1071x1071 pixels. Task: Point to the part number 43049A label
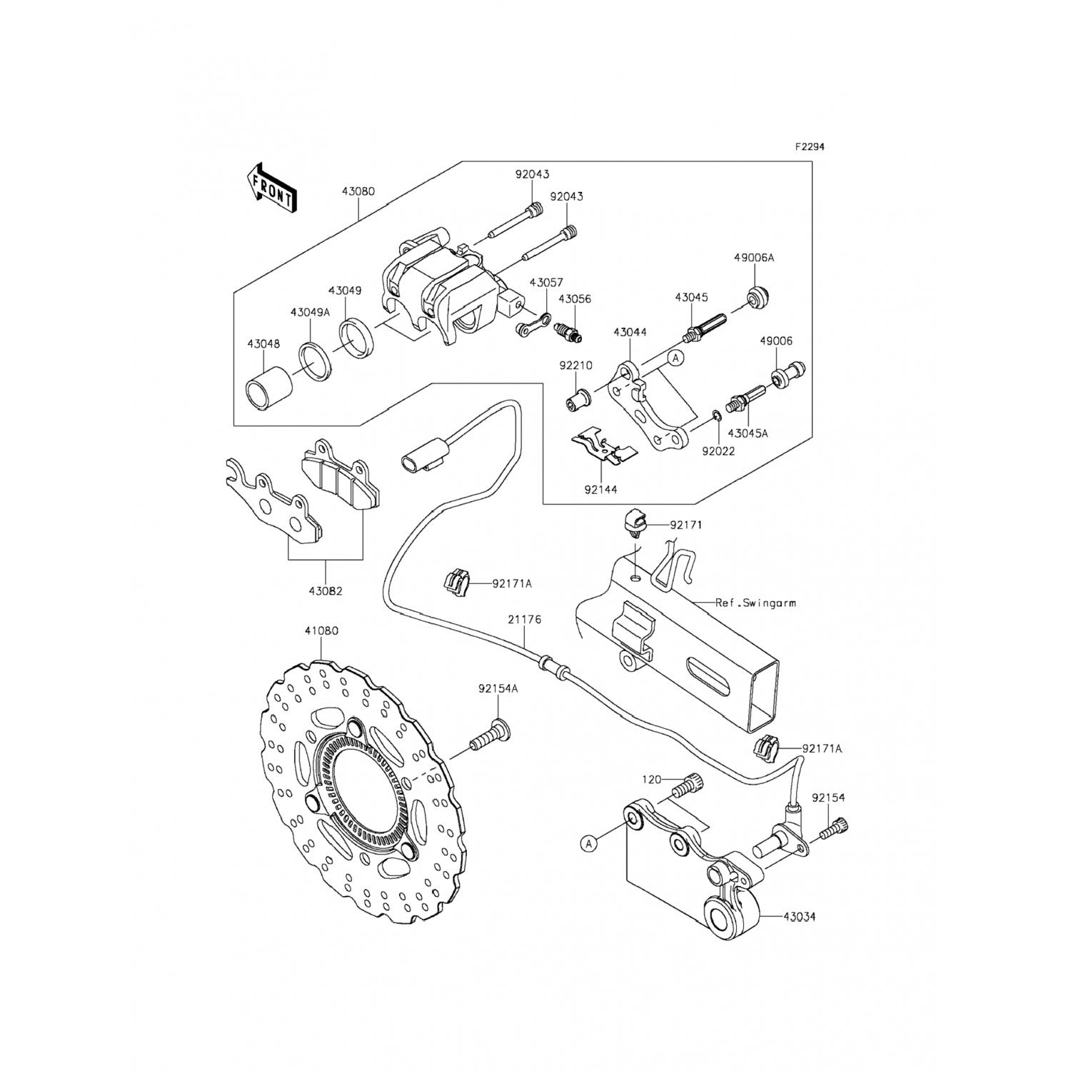310,312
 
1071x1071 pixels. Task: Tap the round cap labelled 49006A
757,296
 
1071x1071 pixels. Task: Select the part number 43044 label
630,333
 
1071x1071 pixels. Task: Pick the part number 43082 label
326,591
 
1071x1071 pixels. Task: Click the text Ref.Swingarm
755,603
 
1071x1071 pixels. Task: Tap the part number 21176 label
524,620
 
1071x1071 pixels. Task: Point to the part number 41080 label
321,631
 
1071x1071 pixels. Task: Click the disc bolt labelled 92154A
488,737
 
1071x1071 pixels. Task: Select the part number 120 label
650,779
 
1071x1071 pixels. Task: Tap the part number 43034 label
799,916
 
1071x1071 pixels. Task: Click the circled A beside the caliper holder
676,357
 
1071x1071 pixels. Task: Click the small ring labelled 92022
716,416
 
